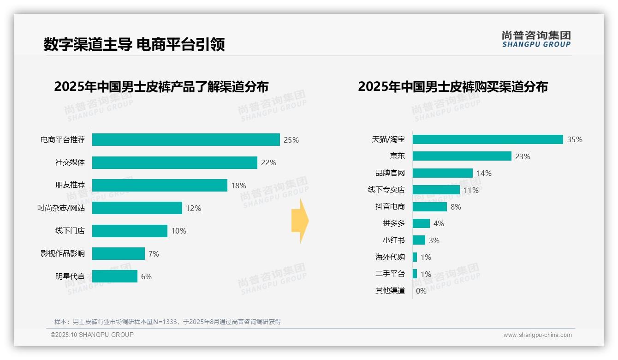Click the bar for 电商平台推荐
(186, 140)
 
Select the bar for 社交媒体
(174, 162)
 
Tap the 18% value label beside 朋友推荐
(238, 186)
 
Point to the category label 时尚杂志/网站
(61, 208)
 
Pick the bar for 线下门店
(130, 231)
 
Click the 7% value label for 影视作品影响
(154, 254)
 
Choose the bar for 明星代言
(115, 276)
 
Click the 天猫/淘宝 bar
(487, 139)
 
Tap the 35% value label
(575, 140)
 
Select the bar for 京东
(462, 156)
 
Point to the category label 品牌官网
(390, 173)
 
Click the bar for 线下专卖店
(436, 190)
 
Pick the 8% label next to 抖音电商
(456, 207)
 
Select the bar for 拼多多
(421, 223)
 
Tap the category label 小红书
(393, 240)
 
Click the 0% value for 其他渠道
(421, 291)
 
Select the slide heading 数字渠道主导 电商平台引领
(134, 45)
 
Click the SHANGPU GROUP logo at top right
(536, 39)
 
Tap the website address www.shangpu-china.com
(537, 335)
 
